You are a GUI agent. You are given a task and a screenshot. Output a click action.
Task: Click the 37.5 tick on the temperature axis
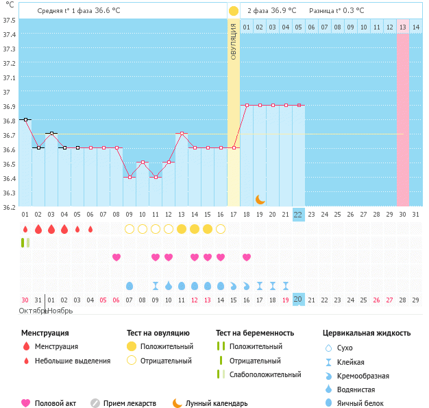pos(10,20)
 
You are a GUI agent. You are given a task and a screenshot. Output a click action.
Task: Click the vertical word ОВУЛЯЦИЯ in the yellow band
pos(234,41)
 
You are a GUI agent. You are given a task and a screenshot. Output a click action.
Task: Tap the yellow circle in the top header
pos(234,11)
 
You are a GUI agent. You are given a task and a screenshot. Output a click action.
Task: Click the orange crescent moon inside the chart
pos(260,200)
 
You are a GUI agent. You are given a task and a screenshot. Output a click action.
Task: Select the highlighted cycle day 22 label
pos(299,215)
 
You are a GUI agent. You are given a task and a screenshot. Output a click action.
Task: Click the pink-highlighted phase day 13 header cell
pos(403,27)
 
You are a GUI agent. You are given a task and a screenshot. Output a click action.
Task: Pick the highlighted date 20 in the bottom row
pos(299,300)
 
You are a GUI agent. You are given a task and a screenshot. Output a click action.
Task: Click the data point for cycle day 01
pos(25,119)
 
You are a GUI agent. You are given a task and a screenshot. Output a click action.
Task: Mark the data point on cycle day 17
pos(234,147)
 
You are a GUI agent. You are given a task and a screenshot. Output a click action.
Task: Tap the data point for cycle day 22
pos(299,105)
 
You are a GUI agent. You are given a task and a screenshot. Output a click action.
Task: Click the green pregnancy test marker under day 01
pos(25,243)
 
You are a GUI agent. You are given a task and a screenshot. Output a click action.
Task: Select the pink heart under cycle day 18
pos(247,257)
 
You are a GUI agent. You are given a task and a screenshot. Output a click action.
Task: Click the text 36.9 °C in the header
pos(284,11)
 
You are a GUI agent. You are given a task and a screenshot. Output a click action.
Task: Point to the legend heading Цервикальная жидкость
pos(367,333)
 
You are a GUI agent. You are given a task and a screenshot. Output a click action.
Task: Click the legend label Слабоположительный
pos(265,374)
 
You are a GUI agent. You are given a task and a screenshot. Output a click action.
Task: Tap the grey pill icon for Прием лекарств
pos(95,403)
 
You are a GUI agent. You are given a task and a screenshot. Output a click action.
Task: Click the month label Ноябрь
pos(60,311)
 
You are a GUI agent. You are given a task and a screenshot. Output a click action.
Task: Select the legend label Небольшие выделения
pos(73,361)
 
